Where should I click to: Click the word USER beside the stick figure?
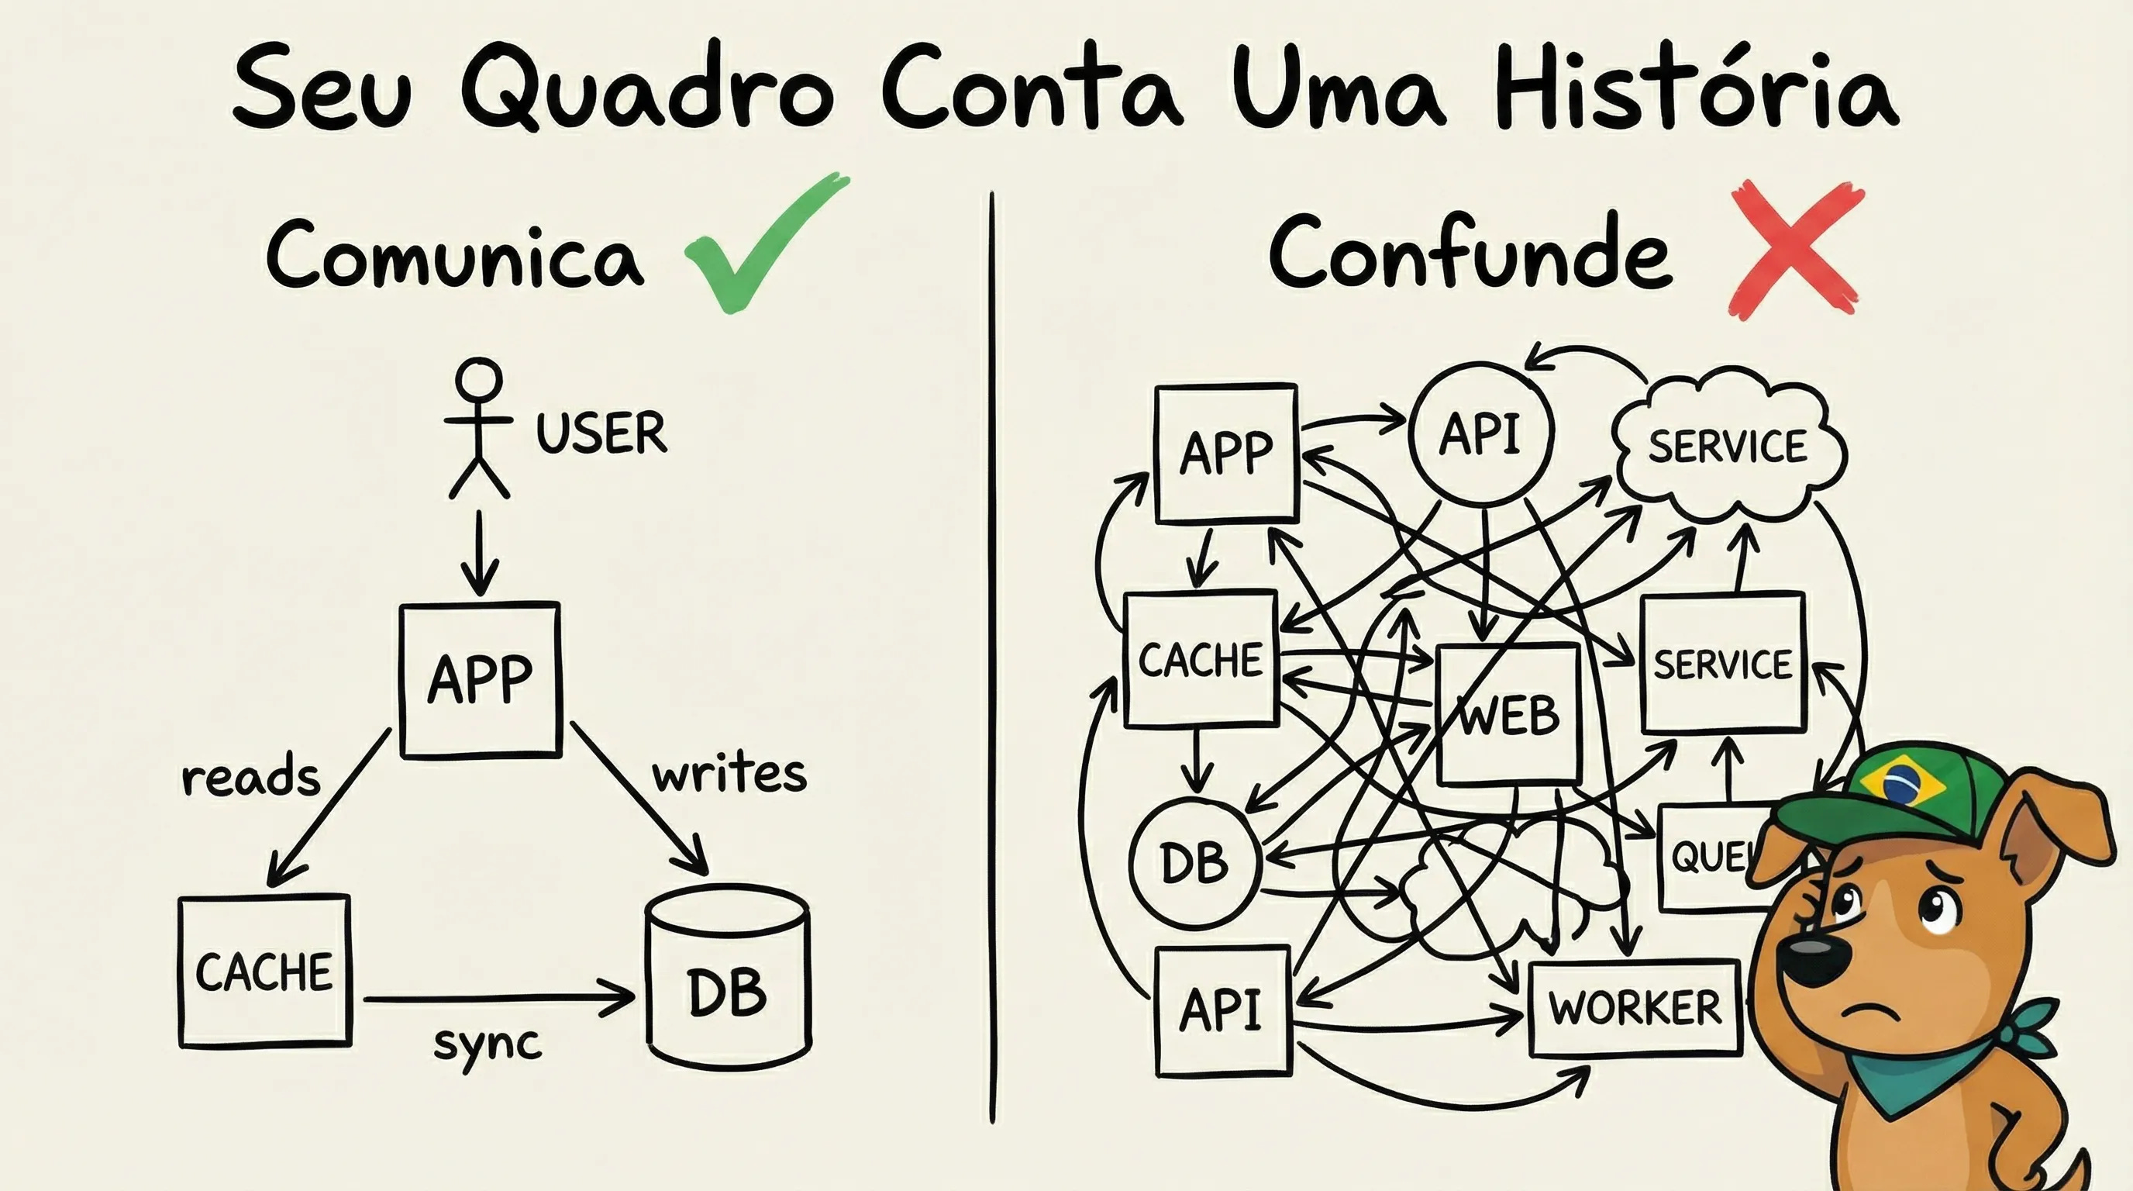click(x=601, y=433)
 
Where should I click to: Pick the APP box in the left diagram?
click(x=481, y=680)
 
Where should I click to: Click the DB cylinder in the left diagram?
click(x=728, y=977)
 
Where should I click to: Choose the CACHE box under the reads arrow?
click(x=265, y=971)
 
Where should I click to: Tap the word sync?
click(x=488, y=1044)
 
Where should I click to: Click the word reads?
click(x=251, y=778)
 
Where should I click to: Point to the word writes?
click(x=729, y=774)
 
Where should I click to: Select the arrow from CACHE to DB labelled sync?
click(x=497, y=999)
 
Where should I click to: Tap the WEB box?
click(x=1508, y=715)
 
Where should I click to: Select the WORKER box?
click(x=1635, y=1008)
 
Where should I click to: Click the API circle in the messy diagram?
click(x=1480, y=433)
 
